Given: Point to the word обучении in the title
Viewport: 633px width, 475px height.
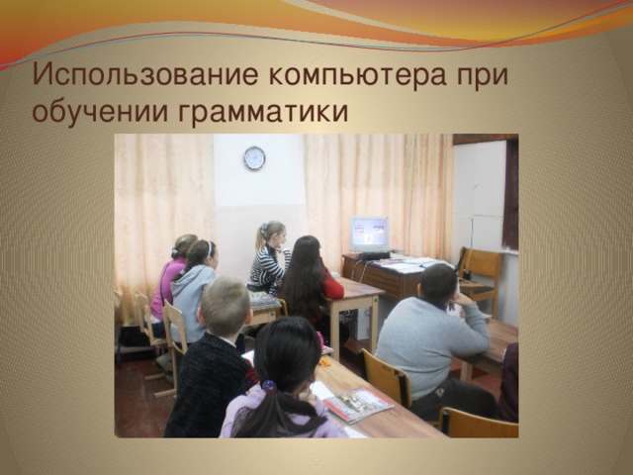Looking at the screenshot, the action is pos(100,110).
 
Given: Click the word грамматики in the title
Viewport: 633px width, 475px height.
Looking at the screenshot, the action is pos(263,112).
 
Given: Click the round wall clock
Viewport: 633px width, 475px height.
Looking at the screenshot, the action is pos(254,157).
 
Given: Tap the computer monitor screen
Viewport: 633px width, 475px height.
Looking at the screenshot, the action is pos(369,234).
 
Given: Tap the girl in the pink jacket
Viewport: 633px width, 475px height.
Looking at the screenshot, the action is pos(171,279).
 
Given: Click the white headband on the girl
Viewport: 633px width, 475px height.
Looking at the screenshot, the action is pos(210,247).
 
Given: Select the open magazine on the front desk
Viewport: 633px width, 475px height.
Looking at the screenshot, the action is pos(357,404).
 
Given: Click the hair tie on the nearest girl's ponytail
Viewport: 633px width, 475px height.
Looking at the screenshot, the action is pos(269,387).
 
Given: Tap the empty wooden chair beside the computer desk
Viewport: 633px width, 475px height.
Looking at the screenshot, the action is pos(481,279).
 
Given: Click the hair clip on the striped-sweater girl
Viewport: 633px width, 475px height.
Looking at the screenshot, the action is pos(264,229).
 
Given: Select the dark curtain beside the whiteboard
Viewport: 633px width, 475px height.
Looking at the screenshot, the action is pos(510,194).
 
